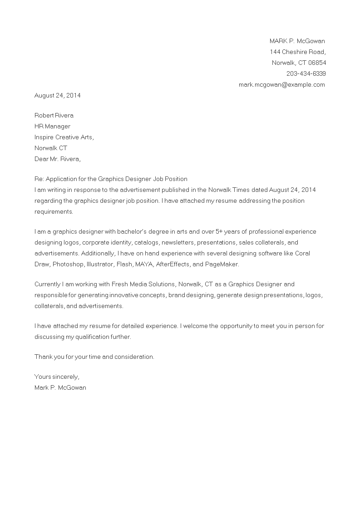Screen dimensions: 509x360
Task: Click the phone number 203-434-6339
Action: click(x=306, y=73)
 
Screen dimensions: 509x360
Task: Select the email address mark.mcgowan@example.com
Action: click(x=282, y=84)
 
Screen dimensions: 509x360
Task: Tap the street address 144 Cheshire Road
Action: click(x=298, y=52)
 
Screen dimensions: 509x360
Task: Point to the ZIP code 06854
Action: click(x=317, y=63)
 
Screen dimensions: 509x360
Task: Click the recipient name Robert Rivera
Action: click(x=54, y=115)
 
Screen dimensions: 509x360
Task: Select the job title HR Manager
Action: click(x=52, y=126)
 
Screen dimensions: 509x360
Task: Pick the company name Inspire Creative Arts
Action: click(x=64, y=137)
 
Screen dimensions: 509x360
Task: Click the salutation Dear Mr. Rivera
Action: click(x=58, y=159)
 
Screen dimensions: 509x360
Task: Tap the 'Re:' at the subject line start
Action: click(x=39, y=179)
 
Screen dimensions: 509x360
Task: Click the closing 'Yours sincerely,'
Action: click(x=57, y=377)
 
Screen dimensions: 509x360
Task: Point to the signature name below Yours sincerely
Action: click(x=60, y=387)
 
